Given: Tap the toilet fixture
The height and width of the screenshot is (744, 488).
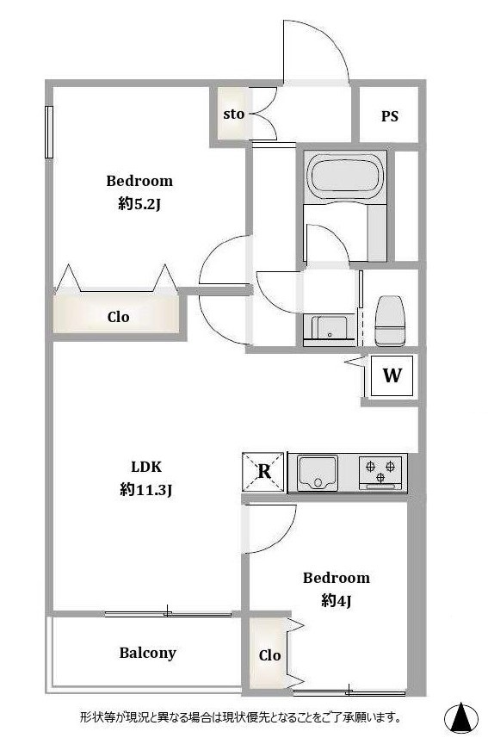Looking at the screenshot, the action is coord(390,320).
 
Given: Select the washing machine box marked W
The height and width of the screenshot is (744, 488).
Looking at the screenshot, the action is coord(392,375).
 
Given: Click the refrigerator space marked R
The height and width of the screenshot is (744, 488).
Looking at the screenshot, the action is coord(263,472).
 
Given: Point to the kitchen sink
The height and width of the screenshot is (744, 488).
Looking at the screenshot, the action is coord(318,472).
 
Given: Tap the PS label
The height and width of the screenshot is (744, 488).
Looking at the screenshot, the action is coord(390,116).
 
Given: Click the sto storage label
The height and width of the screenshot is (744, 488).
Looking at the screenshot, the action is coord(234,114).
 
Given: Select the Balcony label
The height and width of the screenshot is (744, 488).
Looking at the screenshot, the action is coord(147,653).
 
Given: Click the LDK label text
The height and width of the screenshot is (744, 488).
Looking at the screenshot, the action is coord(146,467).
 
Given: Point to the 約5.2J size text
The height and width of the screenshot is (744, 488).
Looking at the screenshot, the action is coord(140,204).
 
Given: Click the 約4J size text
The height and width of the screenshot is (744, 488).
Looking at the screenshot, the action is coord(336,601).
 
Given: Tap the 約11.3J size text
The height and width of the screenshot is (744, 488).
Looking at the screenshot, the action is coord(145,489).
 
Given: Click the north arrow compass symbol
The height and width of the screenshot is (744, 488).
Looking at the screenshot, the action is coord(460,717).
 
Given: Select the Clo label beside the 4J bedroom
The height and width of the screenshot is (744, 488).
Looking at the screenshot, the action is coord(270,656).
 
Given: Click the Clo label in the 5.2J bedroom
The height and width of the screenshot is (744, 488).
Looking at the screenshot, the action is coord(118,317).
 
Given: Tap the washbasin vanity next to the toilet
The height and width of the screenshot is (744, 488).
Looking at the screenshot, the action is coord(329,330).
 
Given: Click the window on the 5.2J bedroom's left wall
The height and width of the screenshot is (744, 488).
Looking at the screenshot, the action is coord(48,132).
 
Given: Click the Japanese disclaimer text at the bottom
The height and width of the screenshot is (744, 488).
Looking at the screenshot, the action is coord(240,717).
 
